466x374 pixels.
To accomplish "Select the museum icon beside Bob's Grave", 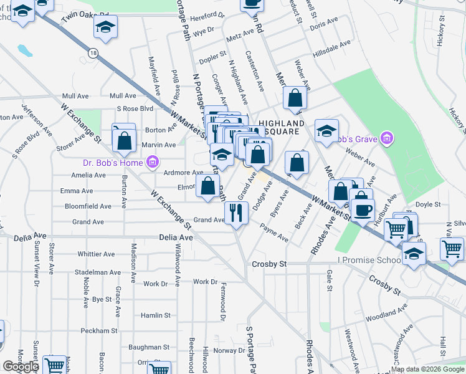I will coord(387,138).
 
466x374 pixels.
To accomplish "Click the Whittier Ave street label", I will coord(96,254).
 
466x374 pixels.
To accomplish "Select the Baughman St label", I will coord(149,347).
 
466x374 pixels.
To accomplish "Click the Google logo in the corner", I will coord(21,367).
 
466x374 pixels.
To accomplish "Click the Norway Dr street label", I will coord(225,350).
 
